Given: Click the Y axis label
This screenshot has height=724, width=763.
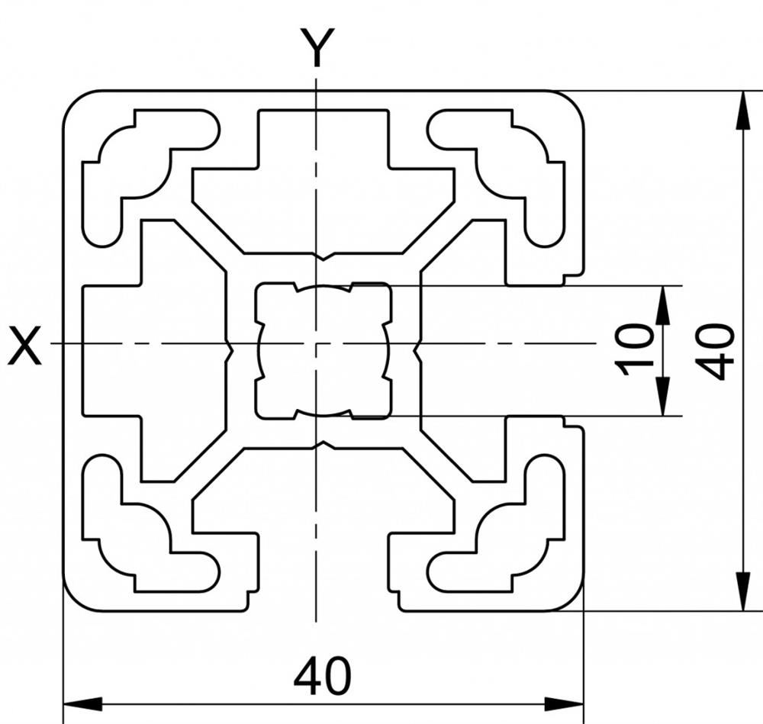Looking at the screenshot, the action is pyautogui.click(x=317, y=47).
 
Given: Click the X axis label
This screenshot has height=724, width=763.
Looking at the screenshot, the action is pyautogui.click(x=24, y=346).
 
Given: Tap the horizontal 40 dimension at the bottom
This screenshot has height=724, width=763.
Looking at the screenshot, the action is pyautogui.click(x=322, y=677).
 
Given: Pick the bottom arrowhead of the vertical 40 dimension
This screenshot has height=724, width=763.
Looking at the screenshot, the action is pyautogui.click(x=742, y=590).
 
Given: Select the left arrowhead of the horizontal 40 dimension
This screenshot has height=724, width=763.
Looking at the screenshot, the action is pyautogui.click(x=82, y=703).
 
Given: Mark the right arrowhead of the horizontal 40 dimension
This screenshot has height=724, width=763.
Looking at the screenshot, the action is pyautogui.click(x=564, y=703).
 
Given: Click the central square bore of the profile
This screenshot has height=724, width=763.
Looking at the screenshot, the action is pyautogui.click(x=323, y=350).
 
